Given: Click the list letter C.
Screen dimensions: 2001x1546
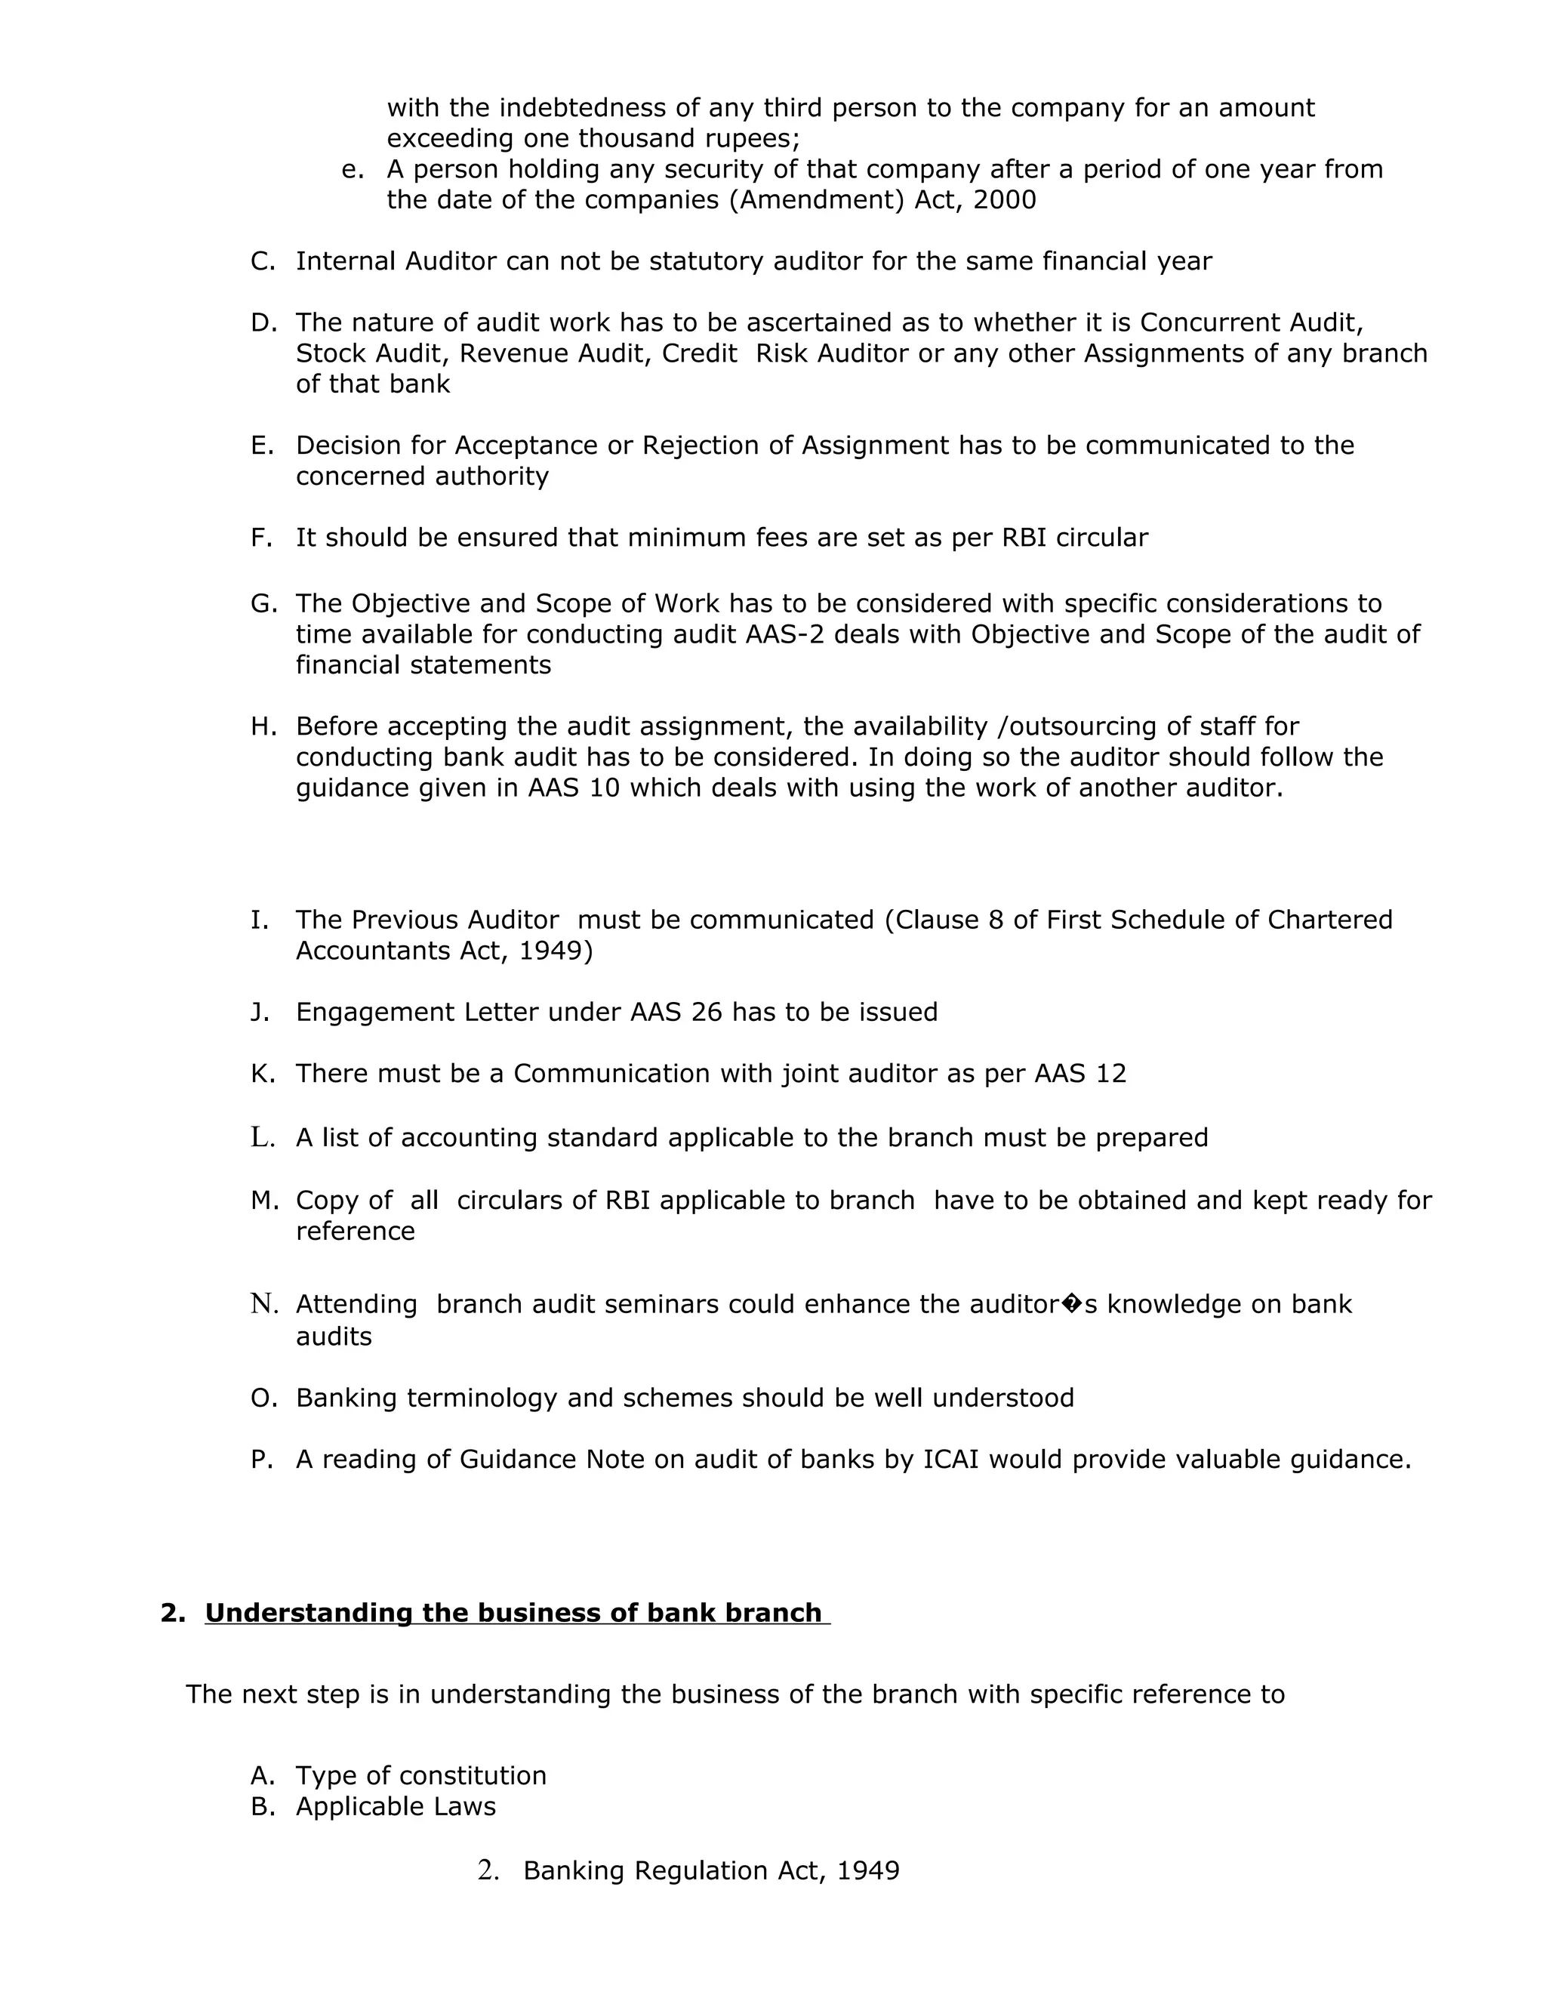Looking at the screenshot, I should click(262, 261).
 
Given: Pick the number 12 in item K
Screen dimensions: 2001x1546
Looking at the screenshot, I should click(1110, 1074).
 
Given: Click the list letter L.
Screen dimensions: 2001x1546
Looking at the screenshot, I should click(262, 1138).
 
